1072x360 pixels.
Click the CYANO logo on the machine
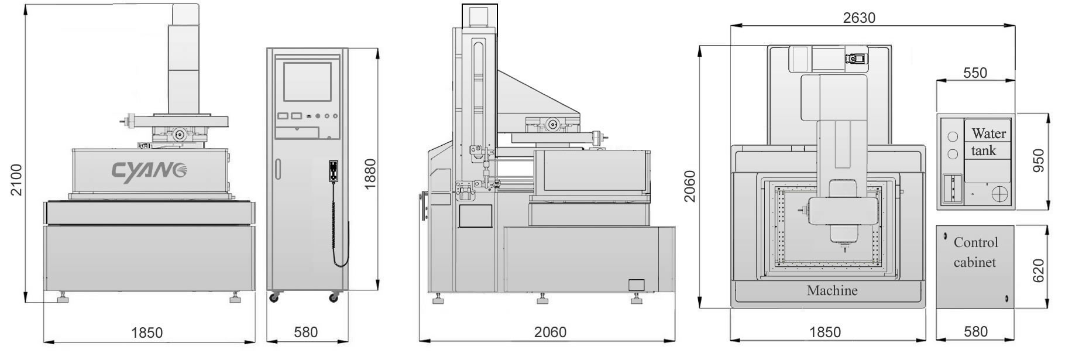pos(149,172)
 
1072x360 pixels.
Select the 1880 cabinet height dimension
pos(370,174)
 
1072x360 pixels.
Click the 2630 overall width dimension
pos(859,18)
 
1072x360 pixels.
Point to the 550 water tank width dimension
pos(975,73)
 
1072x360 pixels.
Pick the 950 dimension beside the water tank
pos(1039,161)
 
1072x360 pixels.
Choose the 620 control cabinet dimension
pos(1039,270)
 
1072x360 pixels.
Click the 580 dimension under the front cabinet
pos(305,332)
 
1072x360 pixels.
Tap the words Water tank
pos(988,142)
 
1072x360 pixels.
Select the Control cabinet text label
pos(975,252)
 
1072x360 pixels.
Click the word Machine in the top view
pos(832,290)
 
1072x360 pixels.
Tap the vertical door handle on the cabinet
pos(279,170)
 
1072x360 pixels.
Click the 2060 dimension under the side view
pos(550,332)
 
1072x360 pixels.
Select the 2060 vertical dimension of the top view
pos(690,186)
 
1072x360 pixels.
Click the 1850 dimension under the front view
pos(146,332)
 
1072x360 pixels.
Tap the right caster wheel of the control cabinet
pos(334,298)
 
